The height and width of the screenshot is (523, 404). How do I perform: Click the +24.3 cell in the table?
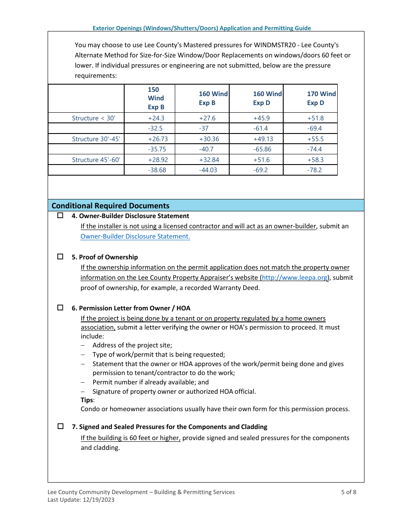point(156,118)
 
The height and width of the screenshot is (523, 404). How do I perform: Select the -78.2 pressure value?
point(314,170)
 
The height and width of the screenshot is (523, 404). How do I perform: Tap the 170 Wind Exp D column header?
point(321,98)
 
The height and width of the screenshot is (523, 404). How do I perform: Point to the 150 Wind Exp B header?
point(156,98)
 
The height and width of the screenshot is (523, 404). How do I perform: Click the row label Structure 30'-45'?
point(96,139)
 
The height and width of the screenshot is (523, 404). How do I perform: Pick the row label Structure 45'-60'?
point(96,160)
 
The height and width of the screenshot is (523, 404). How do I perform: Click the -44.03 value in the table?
point(208,170)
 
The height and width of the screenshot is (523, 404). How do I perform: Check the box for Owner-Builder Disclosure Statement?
point(60,216)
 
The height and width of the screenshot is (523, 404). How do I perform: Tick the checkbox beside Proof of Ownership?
point(60,257)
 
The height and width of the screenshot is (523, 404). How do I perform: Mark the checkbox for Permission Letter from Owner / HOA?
point(60,308)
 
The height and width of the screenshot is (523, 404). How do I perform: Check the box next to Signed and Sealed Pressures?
point(60,426)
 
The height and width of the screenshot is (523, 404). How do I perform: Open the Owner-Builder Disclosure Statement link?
point(135,236)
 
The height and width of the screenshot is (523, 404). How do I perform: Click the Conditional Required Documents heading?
point(111,206)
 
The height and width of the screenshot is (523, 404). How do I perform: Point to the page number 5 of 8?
point(348,492)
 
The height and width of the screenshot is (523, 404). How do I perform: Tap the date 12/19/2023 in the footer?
point(100,500)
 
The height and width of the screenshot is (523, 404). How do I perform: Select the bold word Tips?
point(87,400)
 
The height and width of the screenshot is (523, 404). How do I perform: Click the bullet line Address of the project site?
point(132,345)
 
